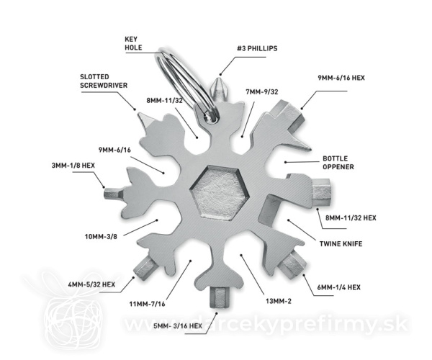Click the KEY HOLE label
click(x=133, y=43)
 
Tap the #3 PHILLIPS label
click(x=257, y=48)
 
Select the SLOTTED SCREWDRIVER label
click(x=104, y=81)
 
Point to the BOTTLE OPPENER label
click(x=338, y=163)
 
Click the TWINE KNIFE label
click(x=341, y=244)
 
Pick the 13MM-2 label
click(x=278, y=301)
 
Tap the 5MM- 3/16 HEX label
click(x=178, y=326)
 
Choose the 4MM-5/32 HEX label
click(x=91, y=284)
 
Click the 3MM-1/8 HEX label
click(x=73, y=166)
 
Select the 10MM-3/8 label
click(x=101, y=236)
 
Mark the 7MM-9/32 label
click(x=262, y=91)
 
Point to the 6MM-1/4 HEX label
click(x=338, y=287)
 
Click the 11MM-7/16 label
click(x=147, y=304)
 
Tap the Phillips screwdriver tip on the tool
click(x=220, y=89)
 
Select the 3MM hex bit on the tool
click(x=112, y=194)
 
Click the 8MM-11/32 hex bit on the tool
click(x=322, y=192)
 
